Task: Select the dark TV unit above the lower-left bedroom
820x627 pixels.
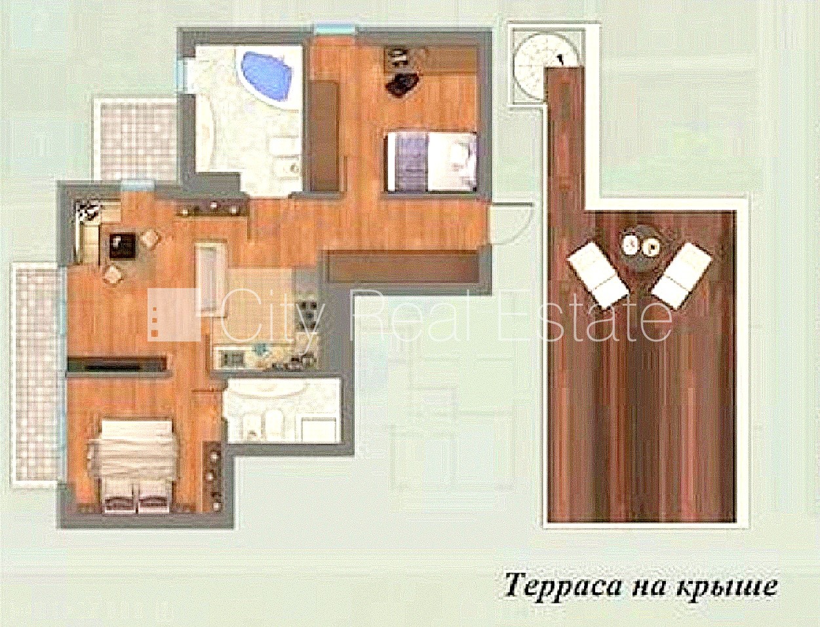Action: click(x=117, y=363)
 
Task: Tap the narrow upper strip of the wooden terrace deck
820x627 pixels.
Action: click(x=566, y=138)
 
